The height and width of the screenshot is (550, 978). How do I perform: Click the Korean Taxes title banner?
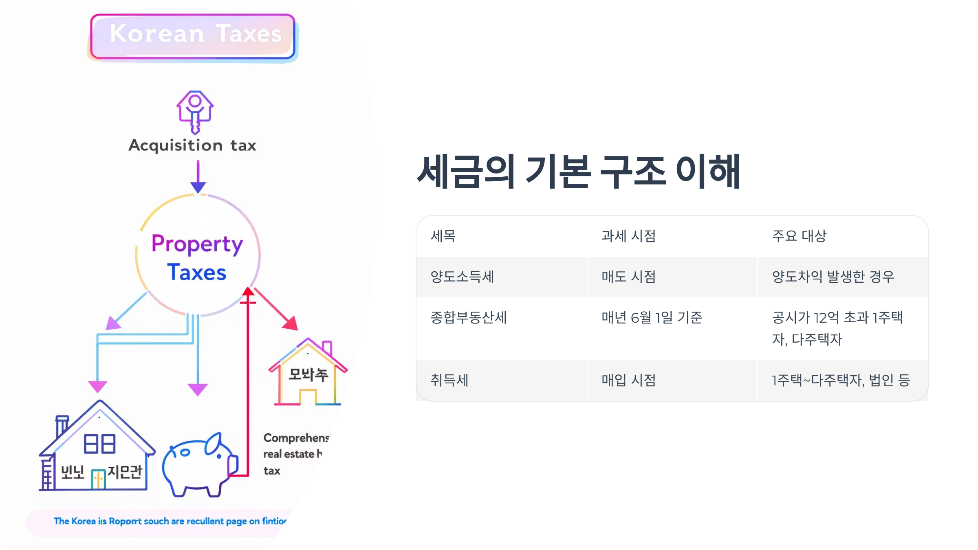click(x=193, y=36)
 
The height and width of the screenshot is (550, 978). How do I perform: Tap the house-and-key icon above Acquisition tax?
click(x=195, y=111)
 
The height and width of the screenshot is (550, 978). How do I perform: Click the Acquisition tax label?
click(x=192, y=145)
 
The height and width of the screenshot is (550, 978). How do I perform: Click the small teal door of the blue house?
click(x=98, y=479)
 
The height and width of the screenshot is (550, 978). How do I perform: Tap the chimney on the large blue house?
click(x=62, y=426)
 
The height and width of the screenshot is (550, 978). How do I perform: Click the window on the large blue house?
click(x=99, y=444)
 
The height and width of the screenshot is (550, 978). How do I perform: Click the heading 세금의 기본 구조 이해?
click(x=578, y=172)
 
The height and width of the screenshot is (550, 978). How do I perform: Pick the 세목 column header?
click(x=443, y=236)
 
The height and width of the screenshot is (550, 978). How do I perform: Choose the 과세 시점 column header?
click(x=629, y=236)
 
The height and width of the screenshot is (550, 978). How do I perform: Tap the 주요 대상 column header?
click(x=799, y=236)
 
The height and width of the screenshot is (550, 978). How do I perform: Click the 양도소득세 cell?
click(x=463, y=277)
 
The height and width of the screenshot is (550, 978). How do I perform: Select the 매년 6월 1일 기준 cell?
click(x=652, y=318)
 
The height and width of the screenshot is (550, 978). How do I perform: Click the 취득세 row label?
click(x=450, y=381)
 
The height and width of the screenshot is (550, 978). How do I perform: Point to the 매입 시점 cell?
click(x=629, y=381)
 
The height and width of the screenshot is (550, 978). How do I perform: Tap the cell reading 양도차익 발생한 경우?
click(x=833, y=277)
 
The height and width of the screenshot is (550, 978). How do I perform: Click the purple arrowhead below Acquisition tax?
click(x=198, y=187)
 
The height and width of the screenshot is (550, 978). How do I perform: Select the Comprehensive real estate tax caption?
click(x=295, y=454)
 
